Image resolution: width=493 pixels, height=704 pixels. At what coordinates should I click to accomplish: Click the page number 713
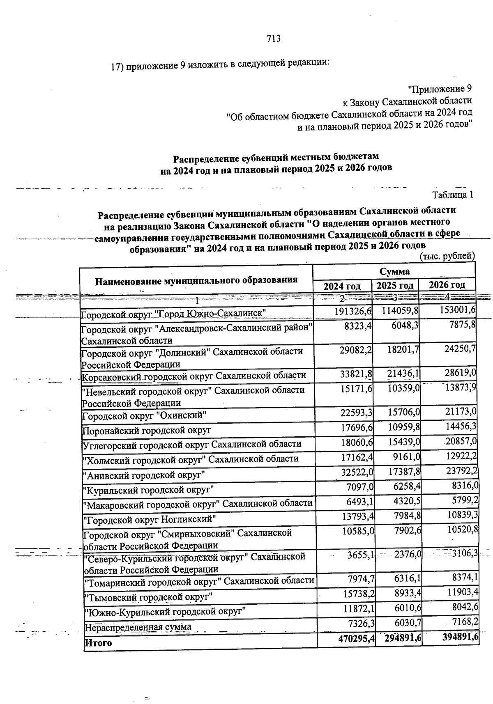273,39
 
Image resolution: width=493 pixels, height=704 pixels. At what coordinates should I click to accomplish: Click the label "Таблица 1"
453,195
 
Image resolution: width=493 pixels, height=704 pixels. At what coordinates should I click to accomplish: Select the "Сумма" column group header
394,271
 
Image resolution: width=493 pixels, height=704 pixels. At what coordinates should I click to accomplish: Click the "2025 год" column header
395,285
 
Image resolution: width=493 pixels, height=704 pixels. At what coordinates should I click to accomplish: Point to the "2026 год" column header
447,284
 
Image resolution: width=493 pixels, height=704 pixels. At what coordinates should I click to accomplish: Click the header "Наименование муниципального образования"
196,281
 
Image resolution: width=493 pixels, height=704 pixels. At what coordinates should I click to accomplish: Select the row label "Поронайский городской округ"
147,431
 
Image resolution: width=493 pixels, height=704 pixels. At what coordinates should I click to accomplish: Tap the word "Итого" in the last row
98,642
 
